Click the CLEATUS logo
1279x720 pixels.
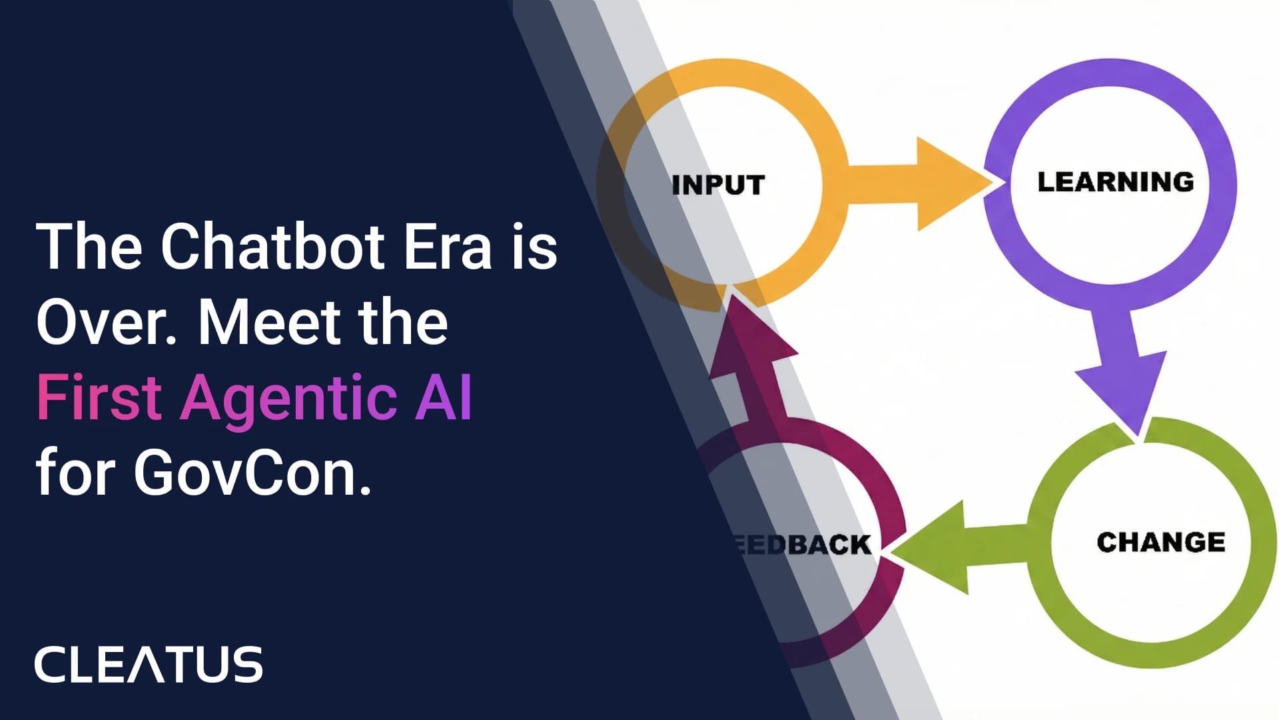(149, 664)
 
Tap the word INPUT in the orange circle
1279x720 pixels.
(718, 185)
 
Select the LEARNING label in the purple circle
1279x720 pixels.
(1115, 182)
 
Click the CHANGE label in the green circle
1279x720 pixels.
(1160, 542)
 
